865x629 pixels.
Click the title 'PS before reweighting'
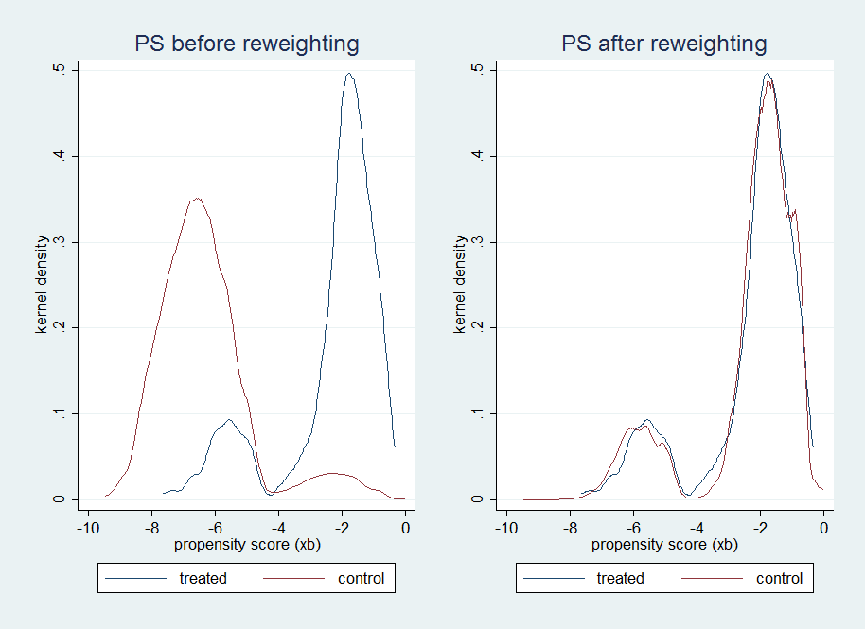tap(246, 44)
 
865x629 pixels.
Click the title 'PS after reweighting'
tap(663, 44)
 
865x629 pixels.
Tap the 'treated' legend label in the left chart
tap(203, 578)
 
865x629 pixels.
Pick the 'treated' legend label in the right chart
tap(621, 578)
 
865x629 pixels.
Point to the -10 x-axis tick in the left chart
tap(87, 528)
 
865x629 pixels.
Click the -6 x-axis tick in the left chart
tap(215, 528)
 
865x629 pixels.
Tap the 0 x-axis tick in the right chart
tap(823, 528)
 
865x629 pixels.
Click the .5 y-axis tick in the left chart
tap(60, 70)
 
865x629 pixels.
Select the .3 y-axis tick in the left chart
tap(60, 242)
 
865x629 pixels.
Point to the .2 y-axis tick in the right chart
tap(478, 327)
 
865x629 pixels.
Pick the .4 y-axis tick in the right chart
tap(478, 156)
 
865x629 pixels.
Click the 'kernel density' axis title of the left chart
tap(42, 285)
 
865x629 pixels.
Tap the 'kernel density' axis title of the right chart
tap(460, 285)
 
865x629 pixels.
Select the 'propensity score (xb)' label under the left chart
tap(246, 545)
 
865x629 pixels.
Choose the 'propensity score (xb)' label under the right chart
tap(663, 545)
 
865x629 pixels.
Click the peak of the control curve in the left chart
tap(196, 199)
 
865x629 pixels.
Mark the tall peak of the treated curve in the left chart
tap(349, 74)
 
